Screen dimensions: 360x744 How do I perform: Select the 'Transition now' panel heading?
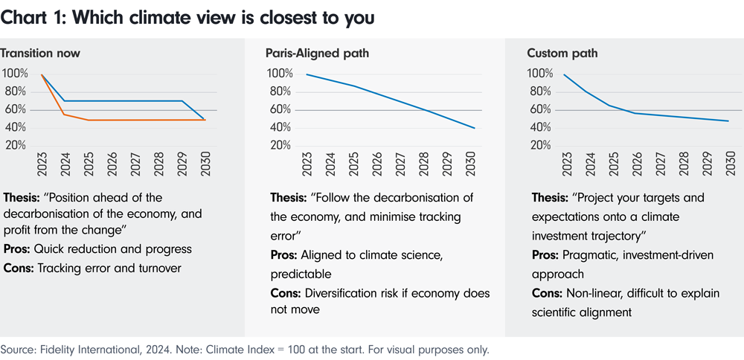40,54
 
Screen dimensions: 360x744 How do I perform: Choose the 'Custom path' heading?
562,54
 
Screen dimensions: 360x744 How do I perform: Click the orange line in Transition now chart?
134,120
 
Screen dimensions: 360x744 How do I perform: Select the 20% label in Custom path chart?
539,145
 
